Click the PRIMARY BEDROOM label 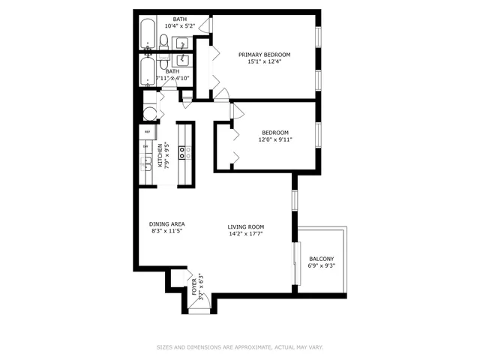[264, 55]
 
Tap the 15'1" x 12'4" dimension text [264, 63]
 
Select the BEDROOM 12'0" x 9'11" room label [275, 135]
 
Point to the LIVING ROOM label [246, 226]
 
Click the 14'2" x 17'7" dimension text [246, 235]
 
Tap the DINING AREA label [166, 224]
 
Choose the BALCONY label [322, 259]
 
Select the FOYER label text [194, 286]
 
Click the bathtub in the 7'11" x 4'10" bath [147, 73]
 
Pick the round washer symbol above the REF [149, 113]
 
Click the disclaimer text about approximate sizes [239, 347]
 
